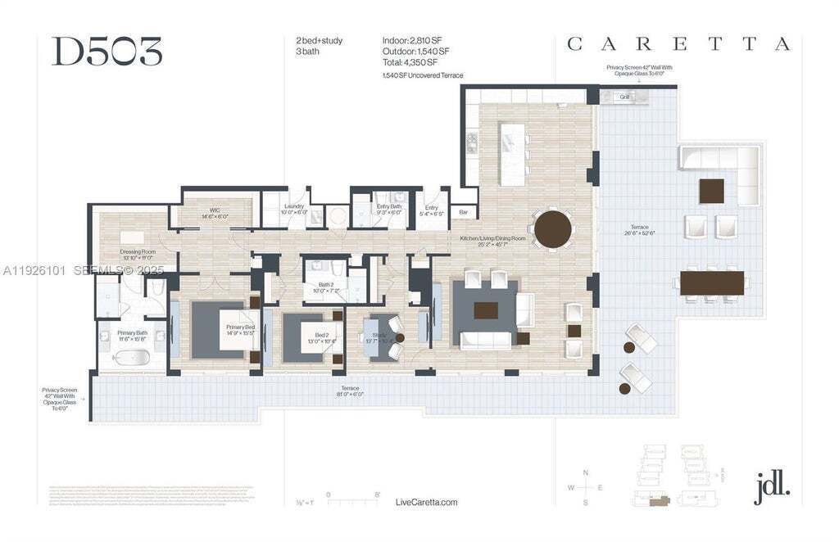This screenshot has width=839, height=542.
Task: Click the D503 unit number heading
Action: tap(107, 52)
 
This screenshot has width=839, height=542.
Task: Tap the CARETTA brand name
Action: tap(678, 44)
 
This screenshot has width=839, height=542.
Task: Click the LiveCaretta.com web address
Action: tap(426, 502)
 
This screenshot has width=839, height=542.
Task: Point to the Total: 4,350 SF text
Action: tap(410, 61)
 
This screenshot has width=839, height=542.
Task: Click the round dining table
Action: tap(552, 228)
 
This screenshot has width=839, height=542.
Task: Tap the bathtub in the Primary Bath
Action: tap(130, 358)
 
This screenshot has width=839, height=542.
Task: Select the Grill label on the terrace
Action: tap(624, 97)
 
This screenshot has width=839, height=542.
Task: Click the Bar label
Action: tap(463, 213)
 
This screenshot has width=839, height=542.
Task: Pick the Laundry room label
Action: tap(294, 207)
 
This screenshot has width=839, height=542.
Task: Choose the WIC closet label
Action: tap(214, 211)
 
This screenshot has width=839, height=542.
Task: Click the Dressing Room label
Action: tap(137, 253)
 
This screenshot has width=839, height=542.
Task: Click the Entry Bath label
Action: tap(389, 207)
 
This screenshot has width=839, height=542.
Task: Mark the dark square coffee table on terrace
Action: tap(711, 191)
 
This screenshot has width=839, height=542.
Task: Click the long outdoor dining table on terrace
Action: tap(712, 282)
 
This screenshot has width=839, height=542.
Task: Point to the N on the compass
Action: tap(585, 472)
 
